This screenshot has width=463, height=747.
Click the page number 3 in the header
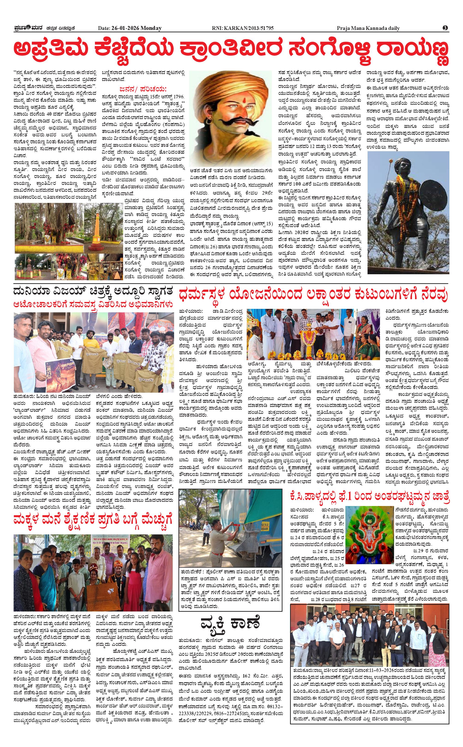coord(445,28)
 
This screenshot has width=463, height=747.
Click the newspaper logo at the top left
coord(28,28)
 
